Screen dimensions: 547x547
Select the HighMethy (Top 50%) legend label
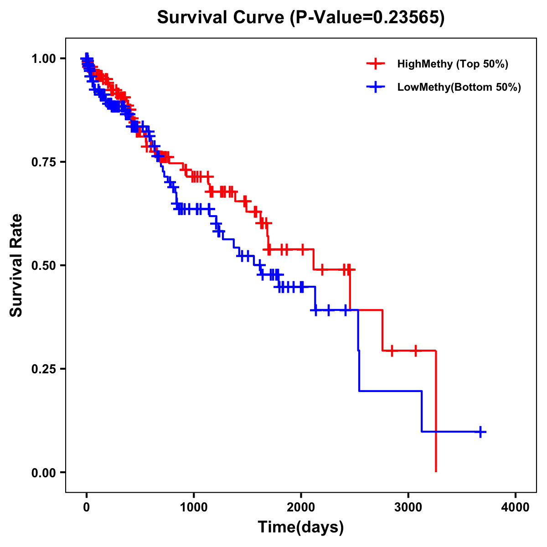(x=452, y=64)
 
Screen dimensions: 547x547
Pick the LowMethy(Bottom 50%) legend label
(x=459, y=87)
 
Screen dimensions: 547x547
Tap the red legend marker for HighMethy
(x=376, y=64)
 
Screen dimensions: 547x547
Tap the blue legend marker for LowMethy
(x=376, y=87)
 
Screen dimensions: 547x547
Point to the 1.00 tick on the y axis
(x=44, y=58)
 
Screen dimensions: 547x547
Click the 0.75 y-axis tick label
(x=44, y=162)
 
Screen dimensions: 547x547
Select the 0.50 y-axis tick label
(x=44, y=265)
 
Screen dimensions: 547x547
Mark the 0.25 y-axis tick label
(x=44, y=369)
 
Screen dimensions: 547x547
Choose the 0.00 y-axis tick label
(x=44, y=472)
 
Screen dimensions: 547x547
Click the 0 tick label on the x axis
(x=86, y=507)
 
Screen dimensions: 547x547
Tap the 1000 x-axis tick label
(x=194, y=507)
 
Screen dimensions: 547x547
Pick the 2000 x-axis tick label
(x=301, y=507)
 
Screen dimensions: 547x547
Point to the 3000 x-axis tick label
(x=408, y=507)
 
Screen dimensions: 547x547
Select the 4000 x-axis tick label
(x=516, y=507)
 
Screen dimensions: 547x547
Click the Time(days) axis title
(x=301, y=527)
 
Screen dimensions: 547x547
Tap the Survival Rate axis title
(x=17, y=265)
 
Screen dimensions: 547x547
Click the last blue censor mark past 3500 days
(x=480, y=432)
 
